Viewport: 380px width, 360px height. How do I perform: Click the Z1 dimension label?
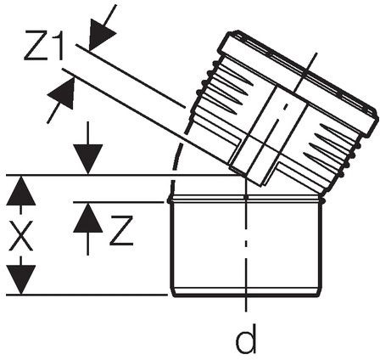[44, 46]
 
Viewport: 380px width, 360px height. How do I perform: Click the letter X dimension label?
[21, 236]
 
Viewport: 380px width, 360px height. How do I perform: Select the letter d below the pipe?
[246, 338]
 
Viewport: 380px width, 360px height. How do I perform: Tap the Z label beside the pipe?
[121, 230]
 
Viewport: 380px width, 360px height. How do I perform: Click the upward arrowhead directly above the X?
[21, 191]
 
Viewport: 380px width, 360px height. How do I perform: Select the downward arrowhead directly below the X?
[21, 279]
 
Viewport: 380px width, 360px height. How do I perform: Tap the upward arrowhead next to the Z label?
[87, 218]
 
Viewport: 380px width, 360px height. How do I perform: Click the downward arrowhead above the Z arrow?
[87, 159]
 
